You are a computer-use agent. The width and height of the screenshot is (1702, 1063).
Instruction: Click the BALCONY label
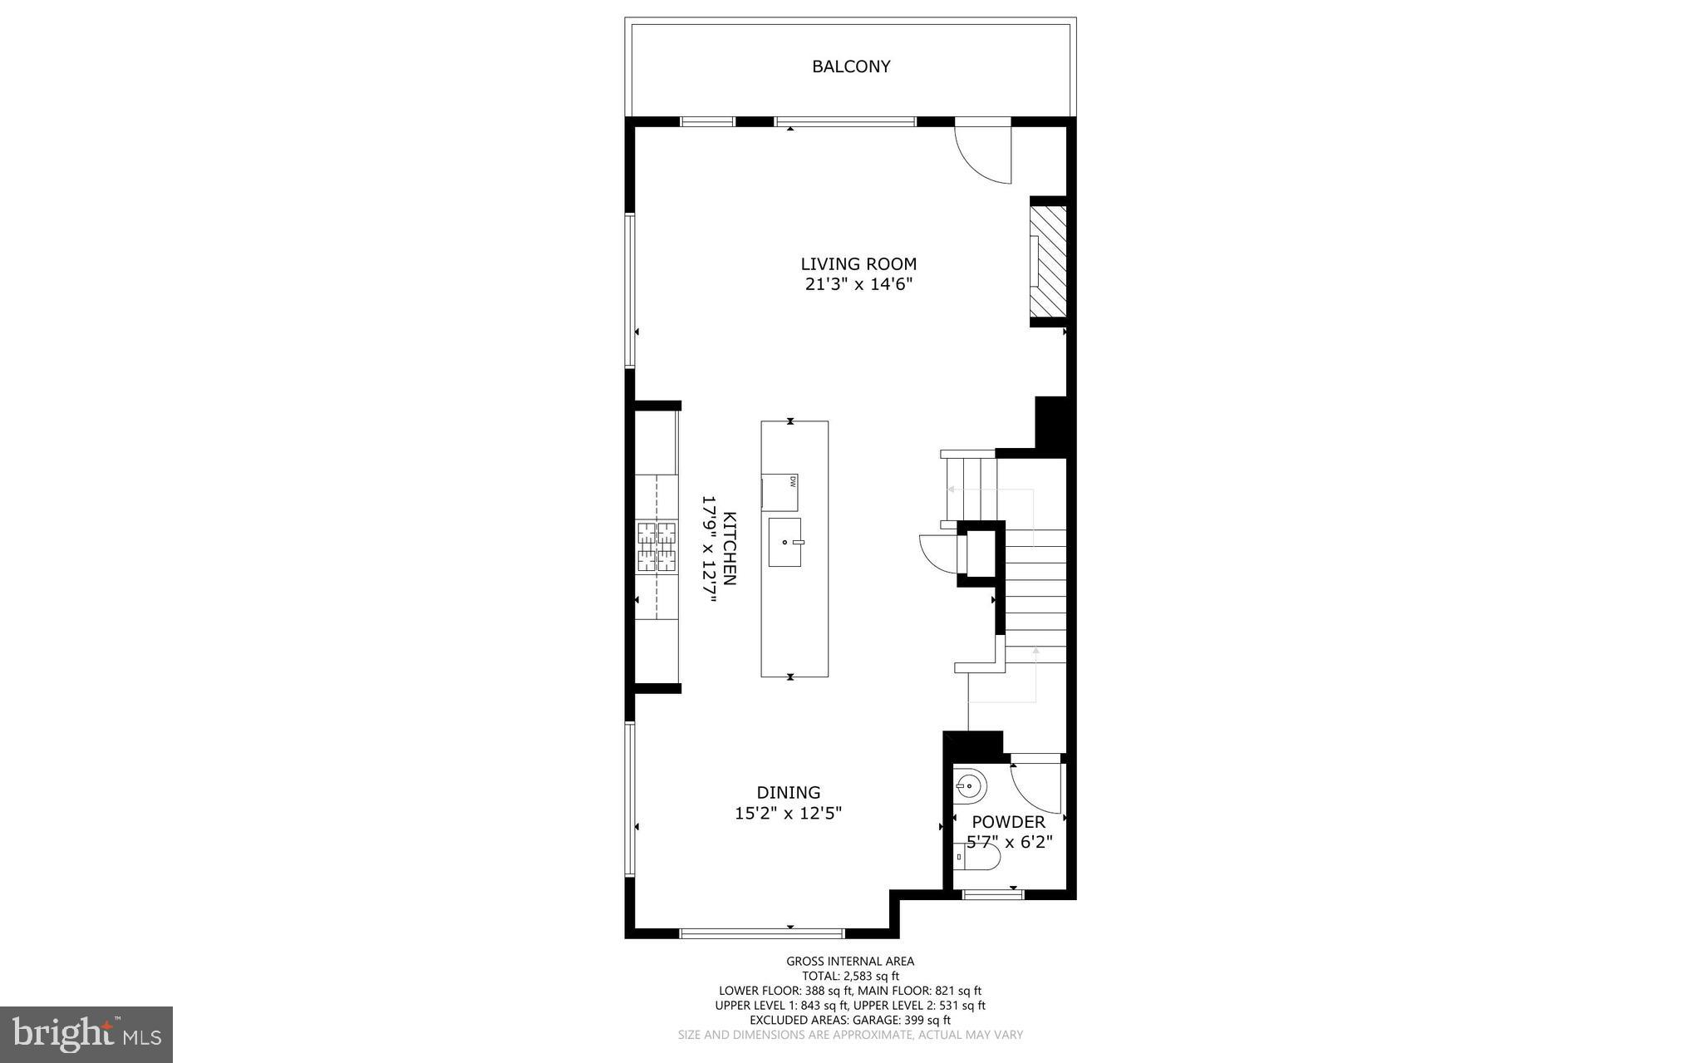pyautogui.click(x=851, y=66)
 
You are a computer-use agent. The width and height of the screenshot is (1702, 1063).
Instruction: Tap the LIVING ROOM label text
pyautogui.click(x=858, y=264)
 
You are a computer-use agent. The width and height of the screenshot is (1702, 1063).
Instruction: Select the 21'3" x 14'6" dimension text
pyautogui.click(x=858, y=284)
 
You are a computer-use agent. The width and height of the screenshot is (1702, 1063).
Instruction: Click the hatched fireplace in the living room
pyautogui.click(x=1048, y=262)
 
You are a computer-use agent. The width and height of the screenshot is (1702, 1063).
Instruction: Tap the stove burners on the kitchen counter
pyautogui.click(x=656, y=547)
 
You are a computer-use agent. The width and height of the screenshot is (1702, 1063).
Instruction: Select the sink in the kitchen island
pyautogui.click(x=785, y=542)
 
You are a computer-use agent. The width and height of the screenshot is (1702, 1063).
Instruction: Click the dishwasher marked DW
pyautogui.click(x=781, y=492)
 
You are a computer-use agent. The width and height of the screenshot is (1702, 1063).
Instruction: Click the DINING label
pyautogui.click(x=788, y=793)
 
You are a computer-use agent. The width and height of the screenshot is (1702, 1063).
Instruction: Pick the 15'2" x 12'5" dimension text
pyautogui.click(x=788, y=814)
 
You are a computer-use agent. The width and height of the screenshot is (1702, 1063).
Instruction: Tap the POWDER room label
pyautogui.click(x=1008, y=822)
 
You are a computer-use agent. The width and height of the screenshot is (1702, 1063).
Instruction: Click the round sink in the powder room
pyautogui.click(x=970, y=784)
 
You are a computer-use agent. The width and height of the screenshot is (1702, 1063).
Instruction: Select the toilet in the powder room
pyautogui.click(x=978, y=856)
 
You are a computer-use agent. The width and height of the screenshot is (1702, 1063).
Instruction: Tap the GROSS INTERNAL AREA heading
pyautogui.click(x=850, y=962)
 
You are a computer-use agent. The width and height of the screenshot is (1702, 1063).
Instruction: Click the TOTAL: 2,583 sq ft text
pyautogui.click(x=850, y=977)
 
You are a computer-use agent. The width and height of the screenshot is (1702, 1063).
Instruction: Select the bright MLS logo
pyautogui.click(x=86, y=1034)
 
